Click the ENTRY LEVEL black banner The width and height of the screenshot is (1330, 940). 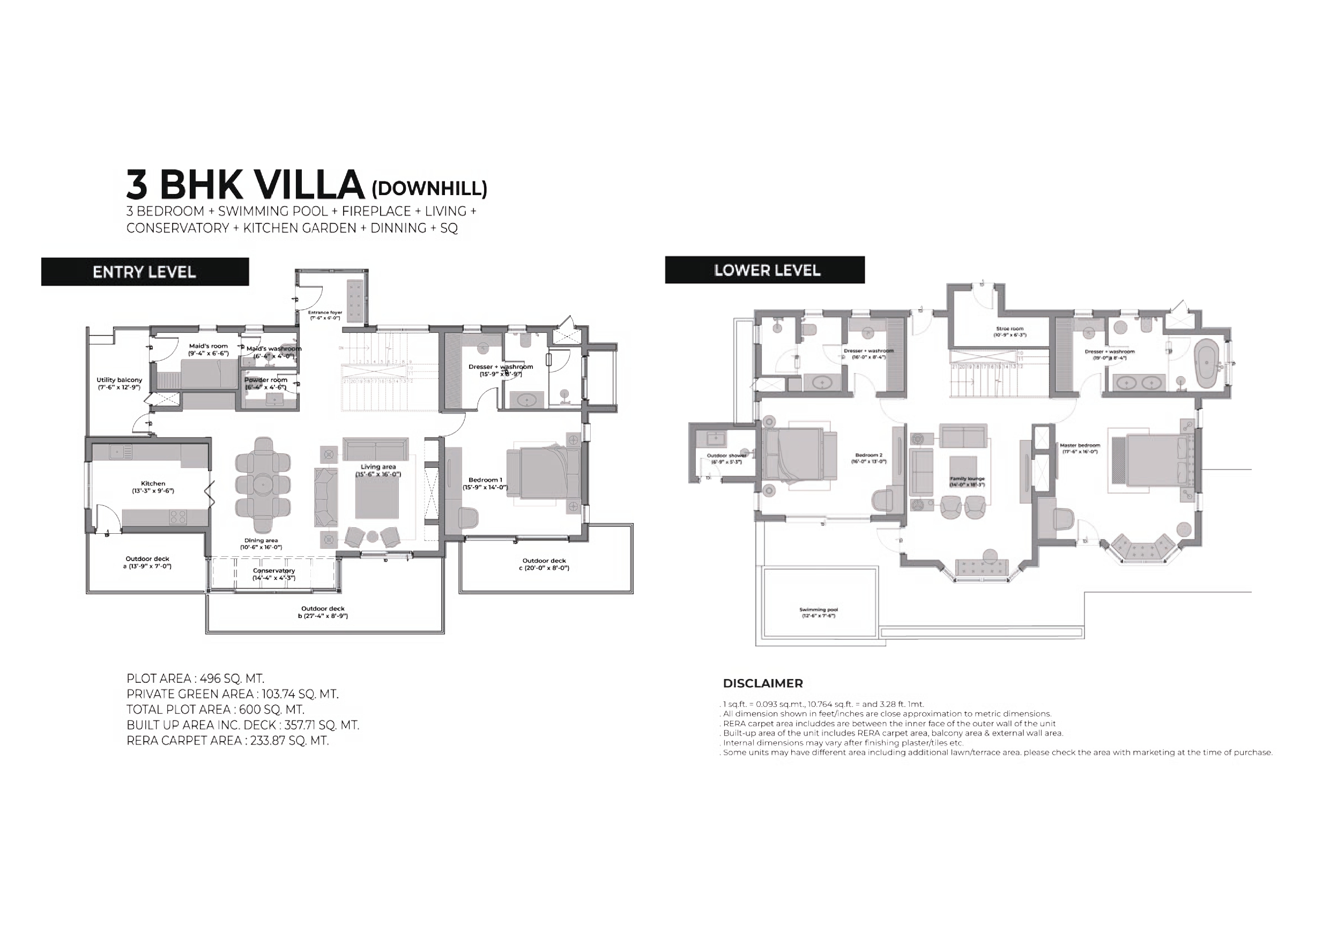(x=145, y=272)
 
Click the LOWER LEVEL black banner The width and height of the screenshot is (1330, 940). (x=764, y=270)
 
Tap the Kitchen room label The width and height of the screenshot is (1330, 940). (x=153, y=487)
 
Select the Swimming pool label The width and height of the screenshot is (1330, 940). (x=818, y=612)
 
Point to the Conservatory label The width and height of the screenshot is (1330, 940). (x=273, y=574)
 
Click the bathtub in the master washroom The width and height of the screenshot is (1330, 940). (x=1206, y=363)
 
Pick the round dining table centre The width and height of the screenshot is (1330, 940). (x=263, y=484)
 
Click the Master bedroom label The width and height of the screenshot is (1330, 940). (x=1080, y=448)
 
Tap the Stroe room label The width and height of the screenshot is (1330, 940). (x=1009, y=331)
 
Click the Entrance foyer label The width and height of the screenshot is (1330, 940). (x=325, y=315)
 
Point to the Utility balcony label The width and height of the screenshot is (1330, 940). (x=120, y=383)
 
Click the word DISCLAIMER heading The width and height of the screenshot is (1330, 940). (x=762, y=683)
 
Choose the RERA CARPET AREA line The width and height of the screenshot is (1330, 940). (x=228, y=740)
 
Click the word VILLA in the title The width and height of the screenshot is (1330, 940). (x=309, y=185)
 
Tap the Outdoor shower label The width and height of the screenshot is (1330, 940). (x=726, y=458)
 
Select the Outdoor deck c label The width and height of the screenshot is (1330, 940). (x=544, y=564)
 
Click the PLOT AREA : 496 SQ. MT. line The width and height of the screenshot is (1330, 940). (x=195, y=678)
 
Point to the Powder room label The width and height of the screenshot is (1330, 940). (x=265, y=383)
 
